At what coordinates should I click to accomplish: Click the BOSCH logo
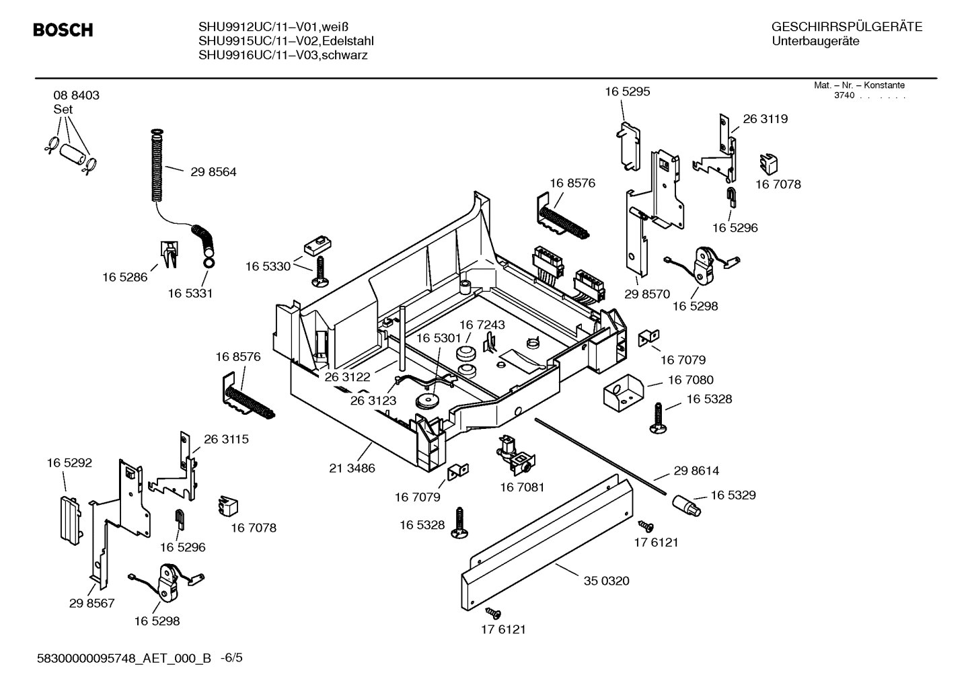[63, 30]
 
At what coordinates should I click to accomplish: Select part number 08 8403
[76, 95]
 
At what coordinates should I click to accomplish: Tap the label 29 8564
[213, 172]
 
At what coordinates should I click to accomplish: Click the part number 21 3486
[352, 468]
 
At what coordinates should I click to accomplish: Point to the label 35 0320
[606, 581]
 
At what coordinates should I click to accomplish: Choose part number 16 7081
[522, 487]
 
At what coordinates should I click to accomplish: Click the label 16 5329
[733, 495]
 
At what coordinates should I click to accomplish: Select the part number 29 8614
[696, 471]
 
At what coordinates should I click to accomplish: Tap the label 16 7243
[482, 325]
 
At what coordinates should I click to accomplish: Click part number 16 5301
[439, 337]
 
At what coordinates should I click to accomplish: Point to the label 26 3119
[765, 119]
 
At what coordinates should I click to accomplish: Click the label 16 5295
[627, 91]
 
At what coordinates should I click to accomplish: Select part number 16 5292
[69, 463]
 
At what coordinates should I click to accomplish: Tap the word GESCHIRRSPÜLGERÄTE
[846, 28]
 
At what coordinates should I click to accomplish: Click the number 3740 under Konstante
[844, 95]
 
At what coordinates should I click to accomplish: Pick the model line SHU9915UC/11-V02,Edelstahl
[286, 41]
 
